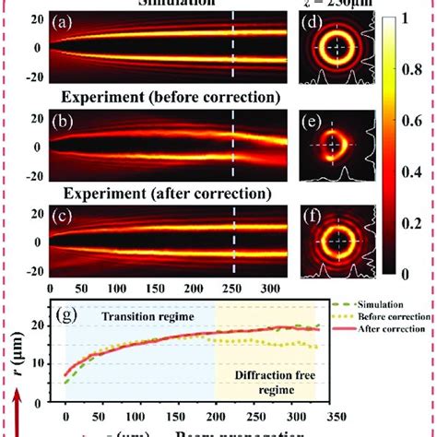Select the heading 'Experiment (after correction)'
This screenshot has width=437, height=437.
click(163, 194)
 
